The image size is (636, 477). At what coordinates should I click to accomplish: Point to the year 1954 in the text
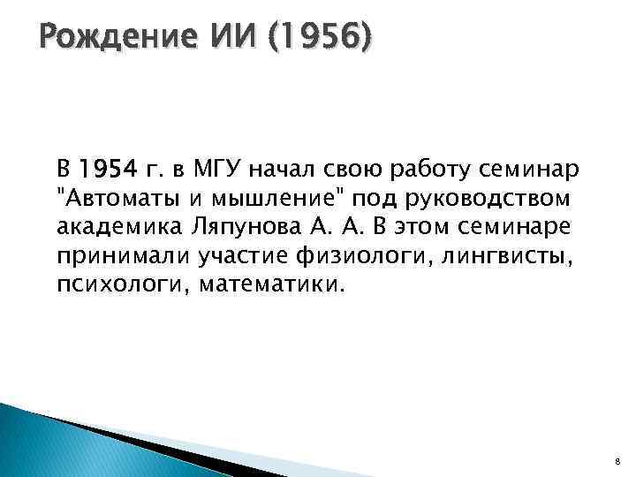click(x=106, y=168)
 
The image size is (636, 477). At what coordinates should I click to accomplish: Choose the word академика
click(x=118, y=226)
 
